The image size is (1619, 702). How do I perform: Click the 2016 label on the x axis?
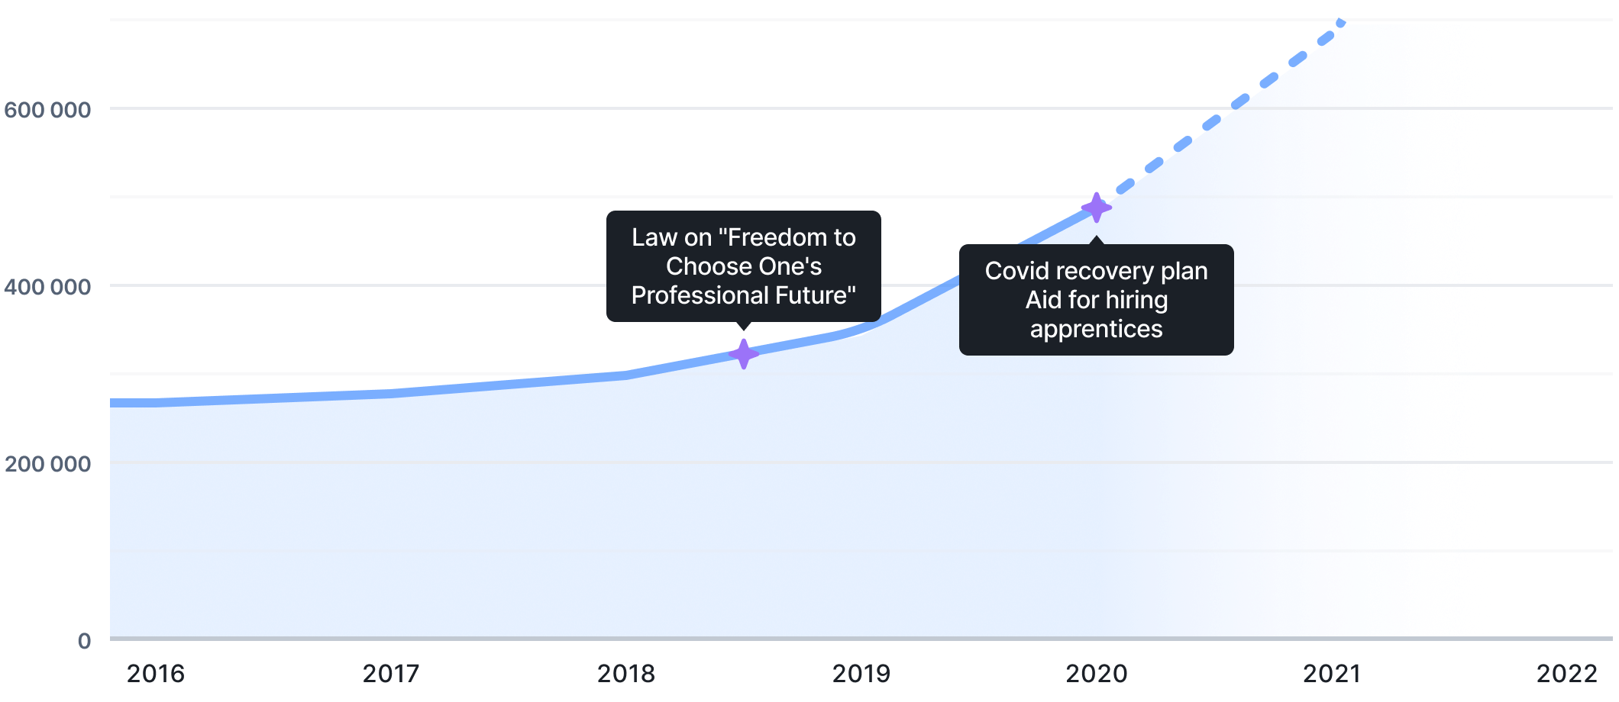click(156, 674)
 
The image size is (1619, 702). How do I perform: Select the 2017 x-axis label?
click(391, 674)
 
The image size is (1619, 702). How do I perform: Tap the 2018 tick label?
click(626, 674)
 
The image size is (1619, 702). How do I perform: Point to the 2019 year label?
click(861, 674)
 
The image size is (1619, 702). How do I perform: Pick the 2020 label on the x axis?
click(1097, 674)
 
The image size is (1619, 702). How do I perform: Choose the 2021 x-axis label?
click(1332, 674)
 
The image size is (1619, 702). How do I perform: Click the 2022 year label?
click(1567, 674)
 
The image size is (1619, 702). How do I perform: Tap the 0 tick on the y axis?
click(84, 641)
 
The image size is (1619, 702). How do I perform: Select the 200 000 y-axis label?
click(48, 464)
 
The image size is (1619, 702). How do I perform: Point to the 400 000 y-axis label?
click(48, 287)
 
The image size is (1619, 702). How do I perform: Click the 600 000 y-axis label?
click(48, 110)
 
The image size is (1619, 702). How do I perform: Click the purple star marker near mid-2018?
click(743, 354)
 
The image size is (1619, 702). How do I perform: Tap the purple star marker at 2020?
click(1097, 208)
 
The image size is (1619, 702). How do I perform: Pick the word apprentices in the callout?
click(1097, 329)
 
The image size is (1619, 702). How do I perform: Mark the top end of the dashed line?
click(1341, 24)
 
